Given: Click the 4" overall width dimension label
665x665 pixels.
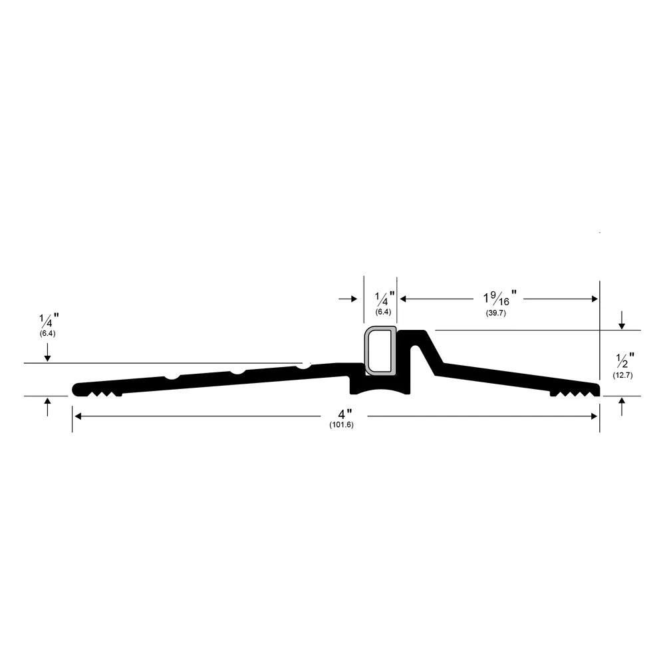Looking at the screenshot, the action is coord(344,414).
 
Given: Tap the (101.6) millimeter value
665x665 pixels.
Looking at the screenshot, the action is coord(341,425).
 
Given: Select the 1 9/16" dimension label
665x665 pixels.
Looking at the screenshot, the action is coord(499,298).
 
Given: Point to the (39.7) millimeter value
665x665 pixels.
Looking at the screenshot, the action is coord(496,313).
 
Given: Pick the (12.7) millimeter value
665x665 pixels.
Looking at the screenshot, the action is coord(622,375).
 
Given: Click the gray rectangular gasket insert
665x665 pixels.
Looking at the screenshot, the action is coord(381,350).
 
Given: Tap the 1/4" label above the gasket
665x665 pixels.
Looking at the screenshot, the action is coord(384,299).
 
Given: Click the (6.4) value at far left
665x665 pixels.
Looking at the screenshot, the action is coord(47,334).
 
